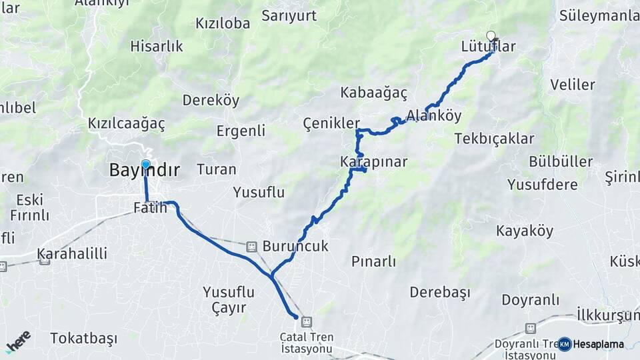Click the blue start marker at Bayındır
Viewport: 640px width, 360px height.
pyautogui.click(x=145, y=164)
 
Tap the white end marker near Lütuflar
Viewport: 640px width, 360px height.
pyautogui.click(x=491, y=36)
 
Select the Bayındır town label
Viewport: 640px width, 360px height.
pyautogui.click(x=144, y=171)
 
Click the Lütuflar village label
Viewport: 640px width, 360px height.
pyautogui.click(x=489, y=47)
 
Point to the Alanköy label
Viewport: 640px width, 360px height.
pyautogui.click(x=434, y=115)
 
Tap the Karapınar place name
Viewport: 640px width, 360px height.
pyautogui.click(x=373, y=162)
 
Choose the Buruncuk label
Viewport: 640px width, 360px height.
pyautogui.click(x=295, y=246)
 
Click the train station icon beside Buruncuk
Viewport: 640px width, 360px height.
pyautogui.click(x=251, y=246)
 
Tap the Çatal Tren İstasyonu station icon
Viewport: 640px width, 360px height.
pyautogui.click(x=306, y=322)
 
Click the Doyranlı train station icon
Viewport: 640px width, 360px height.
pyautogui.click(x=530, y=328)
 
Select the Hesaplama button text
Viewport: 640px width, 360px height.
pyautogui.click(x=599, y=344)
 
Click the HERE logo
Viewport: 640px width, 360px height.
pyautogui.click(x=18, y=341)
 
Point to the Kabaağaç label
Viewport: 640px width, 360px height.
pyautogui.click(x=373, y=93)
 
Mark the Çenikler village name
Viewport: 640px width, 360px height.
pyautogui.click(x=331, y=123)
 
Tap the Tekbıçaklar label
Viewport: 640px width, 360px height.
pyautogui.click(x=494, y=139)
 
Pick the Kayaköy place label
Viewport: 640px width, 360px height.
pyautogui.click(x=525, y=231)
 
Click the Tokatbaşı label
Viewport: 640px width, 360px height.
pyautogui.click(x=83, y=338)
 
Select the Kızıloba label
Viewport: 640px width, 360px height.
pyautogui.click(x=223, y=23)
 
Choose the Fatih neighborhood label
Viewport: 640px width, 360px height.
pyautogui.click(x=150, y=207)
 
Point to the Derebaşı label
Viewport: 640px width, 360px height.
pyautogui.click(x=440, y=292)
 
